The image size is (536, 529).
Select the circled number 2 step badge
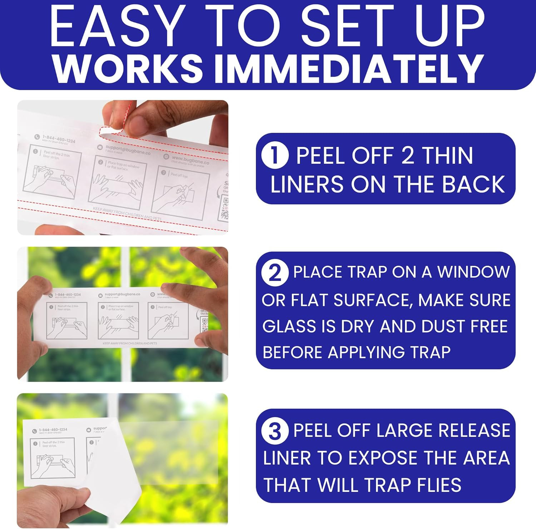click(274, 273)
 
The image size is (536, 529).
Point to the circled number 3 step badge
click(274, 431)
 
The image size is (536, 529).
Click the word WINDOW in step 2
click(473, 272)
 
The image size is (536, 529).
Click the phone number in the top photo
click(59, 139)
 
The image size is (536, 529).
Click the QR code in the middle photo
click(204, 324)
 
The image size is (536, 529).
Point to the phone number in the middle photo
click(68, 295)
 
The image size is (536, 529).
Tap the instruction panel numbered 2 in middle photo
click(118, 321)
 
